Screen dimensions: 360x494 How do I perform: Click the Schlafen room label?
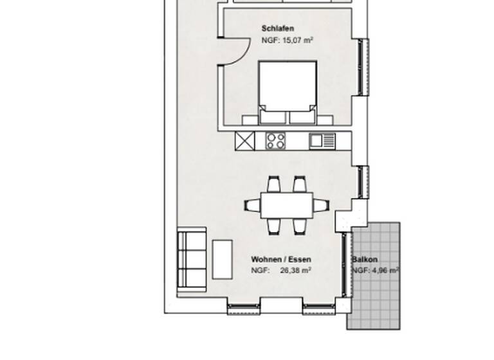pos(278,29)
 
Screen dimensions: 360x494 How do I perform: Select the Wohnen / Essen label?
pos(281,260)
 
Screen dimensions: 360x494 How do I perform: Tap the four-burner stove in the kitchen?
pos(277,140)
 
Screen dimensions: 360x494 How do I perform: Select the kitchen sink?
pos(320,140)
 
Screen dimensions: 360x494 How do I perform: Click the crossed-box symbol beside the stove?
pos(245,140)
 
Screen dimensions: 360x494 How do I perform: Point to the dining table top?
pos(287,205)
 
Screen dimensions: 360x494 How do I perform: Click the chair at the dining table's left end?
pos(253,206)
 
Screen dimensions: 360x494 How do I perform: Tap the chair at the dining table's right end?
pos(321,206)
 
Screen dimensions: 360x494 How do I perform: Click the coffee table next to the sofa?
pos(222,259)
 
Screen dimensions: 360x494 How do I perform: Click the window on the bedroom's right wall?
pos(363,67)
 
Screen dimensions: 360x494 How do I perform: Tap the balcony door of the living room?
pos(347,264)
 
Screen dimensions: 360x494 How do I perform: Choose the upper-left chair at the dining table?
pos(273,184)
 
